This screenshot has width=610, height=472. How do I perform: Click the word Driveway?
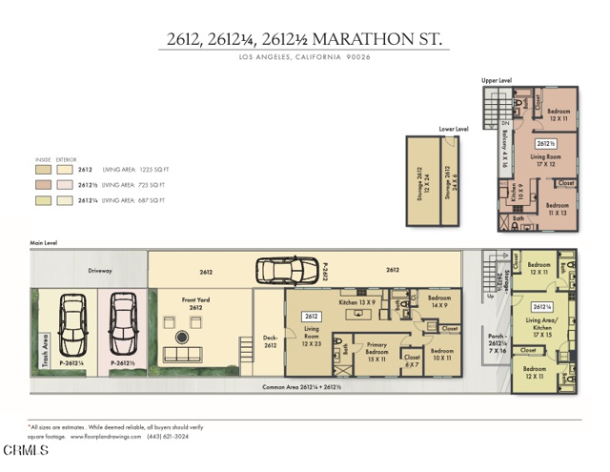[100, 271]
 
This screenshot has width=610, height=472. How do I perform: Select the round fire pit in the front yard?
[182, 337]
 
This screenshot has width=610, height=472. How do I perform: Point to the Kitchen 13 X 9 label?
[356, 302]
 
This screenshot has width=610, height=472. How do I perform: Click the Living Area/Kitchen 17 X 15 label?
[543, 329]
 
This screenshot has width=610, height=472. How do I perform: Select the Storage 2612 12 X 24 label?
[420, 181]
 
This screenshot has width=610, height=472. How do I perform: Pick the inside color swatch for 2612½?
[43, 184]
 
